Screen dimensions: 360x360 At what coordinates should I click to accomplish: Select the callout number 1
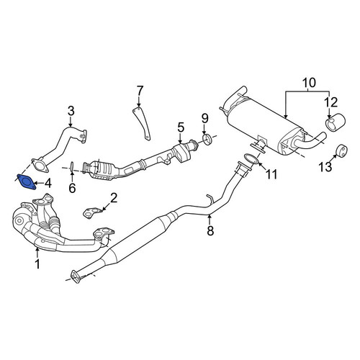pyautogui.click(x=37, y=264)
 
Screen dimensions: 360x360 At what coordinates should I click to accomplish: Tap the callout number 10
pyautogui.click(x=309, y=83)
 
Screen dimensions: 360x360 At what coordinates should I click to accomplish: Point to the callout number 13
pyautogui.click(x=325, y=166)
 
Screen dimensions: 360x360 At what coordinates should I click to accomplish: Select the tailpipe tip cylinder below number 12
pyautogui.click(x=336, y=124)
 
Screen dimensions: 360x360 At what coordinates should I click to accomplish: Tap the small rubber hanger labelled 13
pyautogui.click(x=341, y=150)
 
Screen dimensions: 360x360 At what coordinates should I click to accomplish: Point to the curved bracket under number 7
pyautogui.click(x=143, y=124)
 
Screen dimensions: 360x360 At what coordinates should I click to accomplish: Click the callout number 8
pyautogui.click(x=210, y=231)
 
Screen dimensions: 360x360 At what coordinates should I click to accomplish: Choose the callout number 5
pyautogui.click(x=181, y=127)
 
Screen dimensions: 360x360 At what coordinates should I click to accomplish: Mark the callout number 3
pyautogui.click(x=71, y=111)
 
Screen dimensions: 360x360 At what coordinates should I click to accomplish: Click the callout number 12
pyautogui.click(x=331, y=102)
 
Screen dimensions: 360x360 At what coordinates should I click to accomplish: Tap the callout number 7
pyautogui.click(x=140, y=91)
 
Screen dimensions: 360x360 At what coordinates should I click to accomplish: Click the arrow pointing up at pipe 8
pyautogui.click(x=210, y=220)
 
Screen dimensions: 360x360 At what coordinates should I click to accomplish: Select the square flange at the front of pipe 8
pyautogui.click(x=76, y=277)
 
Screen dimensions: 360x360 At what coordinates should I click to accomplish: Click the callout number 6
pyautogui.click(x=72, y=188)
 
